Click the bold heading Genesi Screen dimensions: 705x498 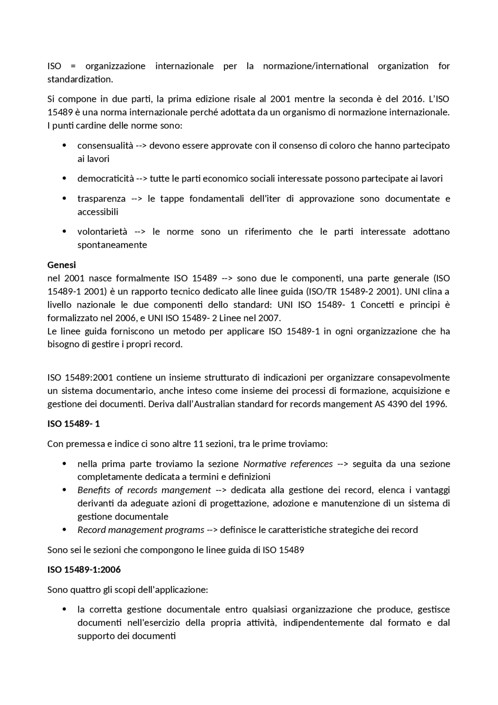(x=61, y=265)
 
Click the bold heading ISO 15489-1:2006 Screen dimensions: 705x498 (x=84, y=570)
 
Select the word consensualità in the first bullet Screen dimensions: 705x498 (x=105, y=146)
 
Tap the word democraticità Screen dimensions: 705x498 (x=105, y=179)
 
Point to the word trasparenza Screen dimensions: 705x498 (x=101, y=199)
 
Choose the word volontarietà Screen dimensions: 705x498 (x=102, y=232)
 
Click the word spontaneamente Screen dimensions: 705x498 (x=112, y=245)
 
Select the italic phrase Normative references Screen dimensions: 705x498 (x=288, y=464)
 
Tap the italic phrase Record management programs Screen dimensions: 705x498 (x=140, y=530)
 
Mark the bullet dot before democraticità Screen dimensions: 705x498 (x=65, y=179)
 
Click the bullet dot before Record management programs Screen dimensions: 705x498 (x=65, y=530)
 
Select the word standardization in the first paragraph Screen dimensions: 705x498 (x=80, y=79)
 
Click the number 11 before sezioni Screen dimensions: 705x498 (x=198, y=444)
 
